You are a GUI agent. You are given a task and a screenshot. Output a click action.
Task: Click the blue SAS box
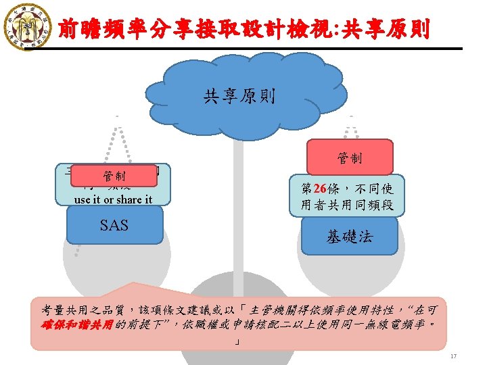(114, 225)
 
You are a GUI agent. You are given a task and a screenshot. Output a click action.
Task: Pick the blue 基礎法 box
(349, 237)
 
